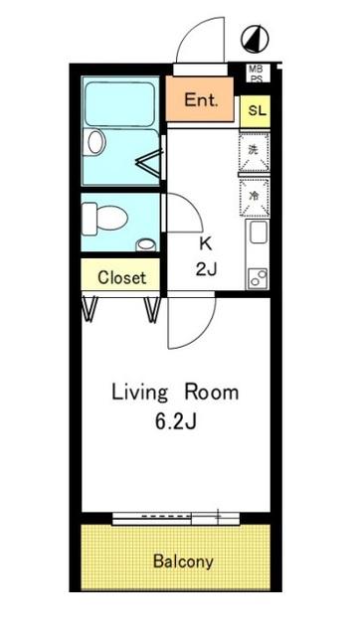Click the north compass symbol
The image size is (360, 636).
tap(257, 39)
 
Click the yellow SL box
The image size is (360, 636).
tap(257, 111)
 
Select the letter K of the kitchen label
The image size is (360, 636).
tap(207, 243)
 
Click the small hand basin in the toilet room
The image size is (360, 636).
tap(147, 243)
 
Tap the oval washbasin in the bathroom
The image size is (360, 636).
tap(95, 142)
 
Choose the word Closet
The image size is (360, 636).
tap(121, 277)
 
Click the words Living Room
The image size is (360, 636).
tap(174, 392)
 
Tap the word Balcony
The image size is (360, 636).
tap(182, 561)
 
